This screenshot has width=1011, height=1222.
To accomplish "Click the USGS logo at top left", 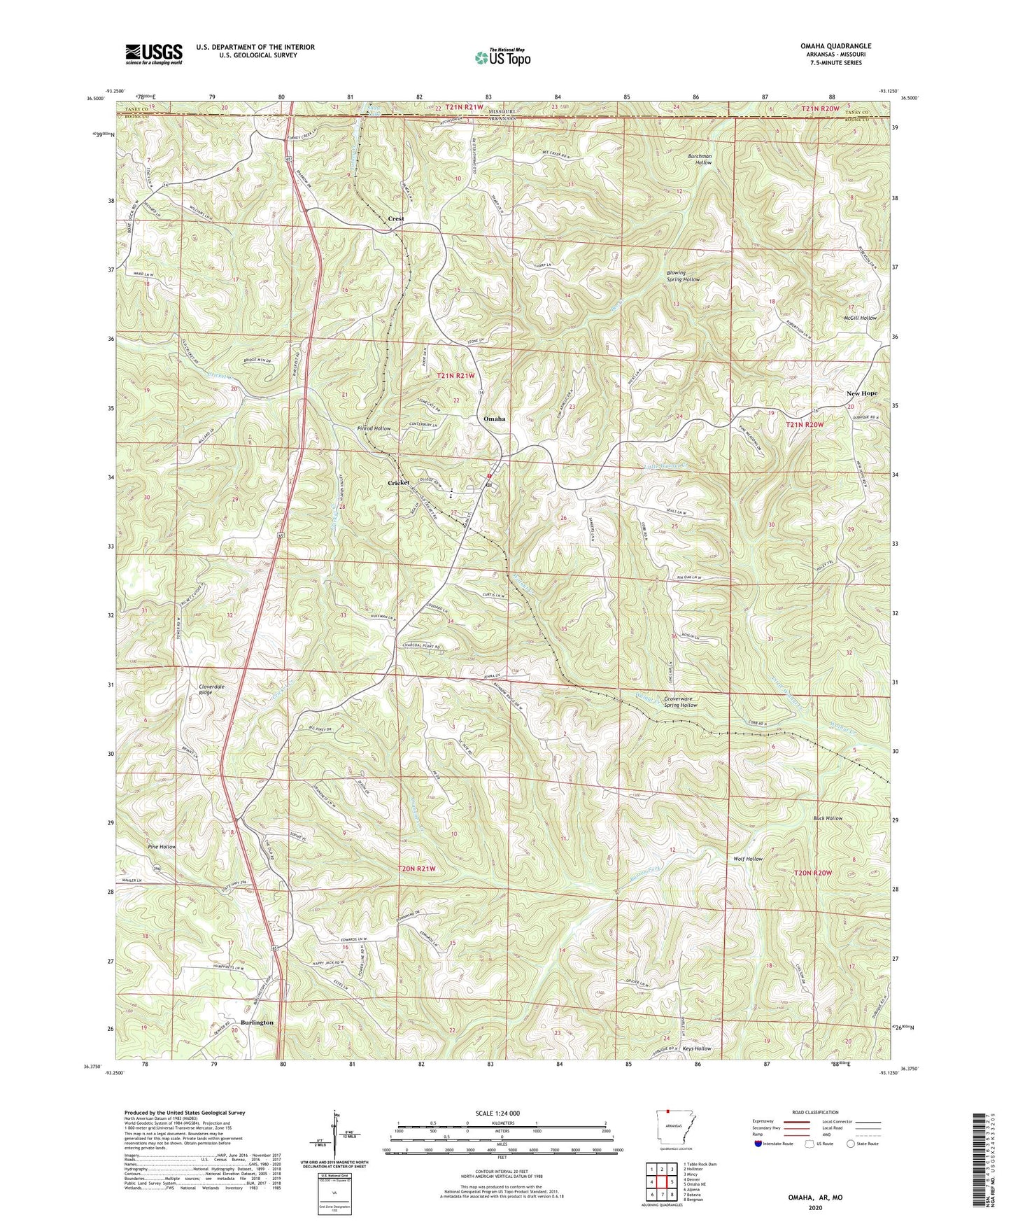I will coord(154,54).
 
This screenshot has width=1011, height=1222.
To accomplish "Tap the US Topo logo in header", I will coord(502,58).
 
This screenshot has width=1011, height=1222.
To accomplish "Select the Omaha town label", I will coord(495,419).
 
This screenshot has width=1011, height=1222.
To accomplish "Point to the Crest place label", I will coord(396,219).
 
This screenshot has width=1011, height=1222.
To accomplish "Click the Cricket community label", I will coord(399,483).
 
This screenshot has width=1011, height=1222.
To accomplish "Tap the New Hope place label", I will coord(862,394).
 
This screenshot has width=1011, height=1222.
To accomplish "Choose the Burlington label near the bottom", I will coord(257,1023).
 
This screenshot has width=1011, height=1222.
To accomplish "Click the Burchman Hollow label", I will coord(703,159).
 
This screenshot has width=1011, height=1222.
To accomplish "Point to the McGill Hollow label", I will coord(859,318).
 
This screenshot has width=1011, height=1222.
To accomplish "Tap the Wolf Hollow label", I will coord(747,859).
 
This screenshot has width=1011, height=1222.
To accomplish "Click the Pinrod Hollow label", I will coord(374,428).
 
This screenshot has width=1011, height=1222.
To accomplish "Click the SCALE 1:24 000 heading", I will coord(504,1114).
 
